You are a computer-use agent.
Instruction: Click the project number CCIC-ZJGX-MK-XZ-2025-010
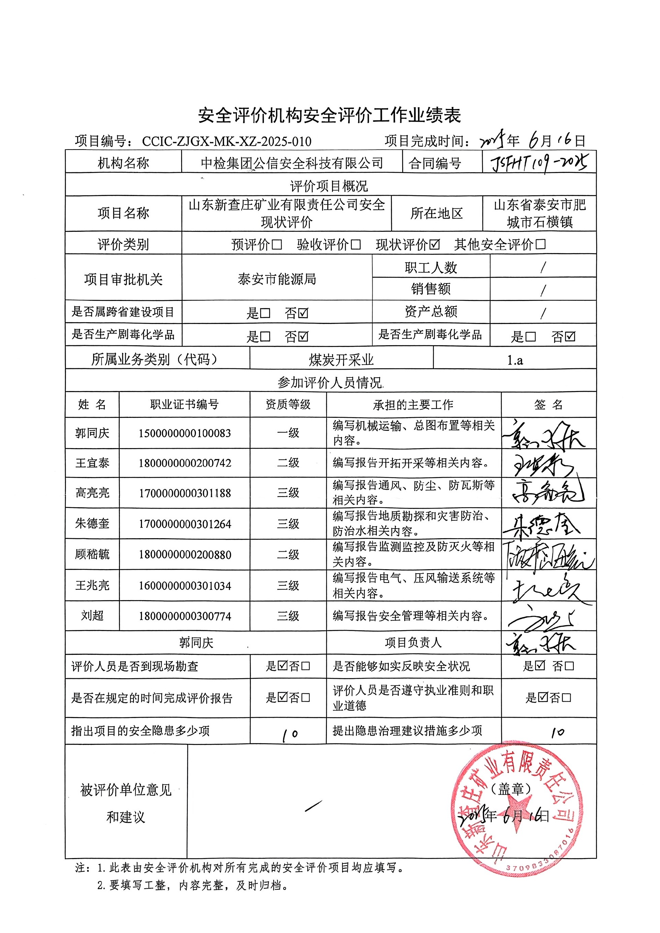point(227,141)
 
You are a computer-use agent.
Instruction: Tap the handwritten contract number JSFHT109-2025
point(539,163)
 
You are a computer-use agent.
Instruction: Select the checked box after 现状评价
point(434,244)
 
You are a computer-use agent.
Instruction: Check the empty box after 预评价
point(277,244)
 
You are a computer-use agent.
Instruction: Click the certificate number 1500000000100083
point(185,433)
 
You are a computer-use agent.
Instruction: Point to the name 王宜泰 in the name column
point(92,463)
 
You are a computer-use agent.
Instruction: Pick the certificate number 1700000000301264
point(185,524)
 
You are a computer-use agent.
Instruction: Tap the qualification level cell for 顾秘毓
point(288,554)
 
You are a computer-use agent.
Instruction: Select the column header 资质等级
point(288,404)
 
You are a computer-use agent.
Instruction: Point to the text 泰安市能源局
point(277,279)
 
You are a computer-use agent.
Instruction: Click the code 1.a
point(515,360)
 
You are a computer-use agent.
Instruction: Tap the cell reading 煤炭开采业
point(341,360)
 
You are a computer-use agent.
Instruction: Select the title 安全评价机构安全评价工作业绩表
point(330,116)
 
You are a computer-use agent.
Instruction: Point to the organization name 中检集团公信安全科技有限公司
point(292,163)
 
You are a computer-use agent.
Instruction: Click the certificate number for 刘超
point(185,616)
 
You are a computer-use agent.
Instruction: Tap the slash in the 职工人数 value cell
point(543,268)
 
